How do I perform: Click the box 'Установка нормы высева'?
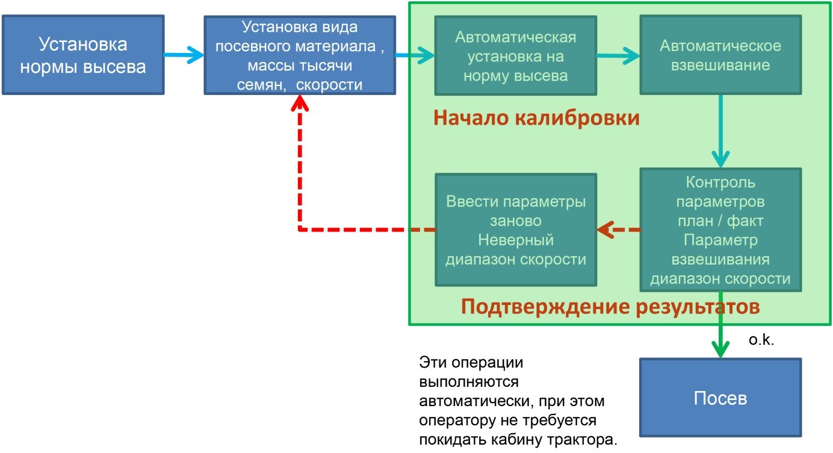[83, 55]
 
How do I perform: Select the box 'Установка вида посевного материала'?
[300, 55]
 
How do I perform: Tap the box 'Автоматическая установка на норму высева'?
[516, 55]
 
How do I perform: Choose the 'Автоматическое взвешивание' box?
[720, 55]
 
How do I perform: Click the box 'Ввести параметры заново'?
[516, 230]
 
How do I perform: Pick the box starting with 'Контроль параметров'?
[720, 230]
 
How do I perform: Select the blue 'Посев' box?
[720, 397]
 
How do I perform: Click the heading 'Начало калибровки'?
[536, 118]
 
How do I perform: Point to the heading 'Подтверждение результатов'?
[610, 307]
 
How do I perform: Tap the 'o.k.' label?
[761, 340]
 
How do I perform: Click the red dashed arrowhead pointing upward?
[300, 103]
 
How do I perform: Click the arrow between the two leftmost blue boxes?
[184, 55]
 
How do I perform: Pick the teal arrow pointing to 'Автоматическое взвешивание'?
[618, 56]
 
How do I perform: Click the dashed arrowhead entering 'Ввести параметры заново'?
[605, 230]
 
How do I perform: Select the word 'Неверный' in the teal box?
[516, 240]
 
